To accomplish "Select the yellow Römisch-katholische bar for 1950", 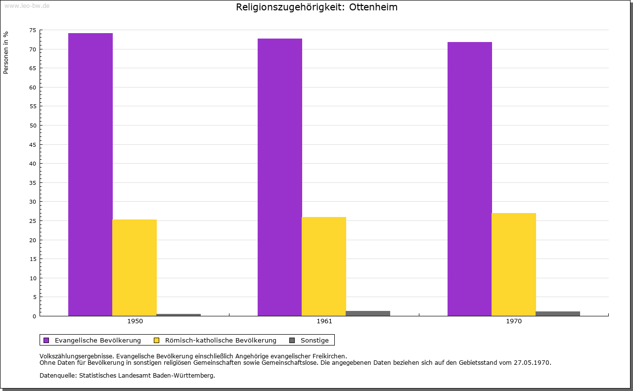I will click(135, 267).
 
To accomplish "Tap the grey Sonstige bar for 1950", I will click(179, 314).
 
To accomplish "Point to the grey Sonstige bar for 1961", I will click(368, 313).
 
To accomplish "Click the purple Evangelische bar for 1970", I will click(470, 178).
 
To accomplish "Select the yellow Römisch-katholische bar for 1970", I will click(514, 264).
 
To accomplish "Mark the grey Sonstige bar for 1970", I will click(558, 313).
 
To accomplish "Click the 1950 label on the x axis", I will click(135, 321).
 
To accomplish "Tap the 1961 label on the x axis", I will click(324, 321).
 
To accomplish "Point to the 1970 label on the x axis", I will click(514, 321).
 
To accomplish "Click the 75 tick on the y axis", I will click(33, 30).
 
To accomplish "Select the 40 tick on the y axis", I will click(33, 164).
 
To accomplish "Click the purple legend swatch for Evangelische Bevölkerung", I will click(46, 340).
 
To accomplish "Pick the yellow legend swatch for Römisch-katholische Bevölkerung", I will click(157, 340).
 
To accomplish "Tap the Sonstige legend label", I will click(315, 340).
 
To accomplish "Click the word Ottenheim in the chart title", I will click(373, 7).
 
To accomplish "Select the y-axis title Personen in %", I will click(6, 52).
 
